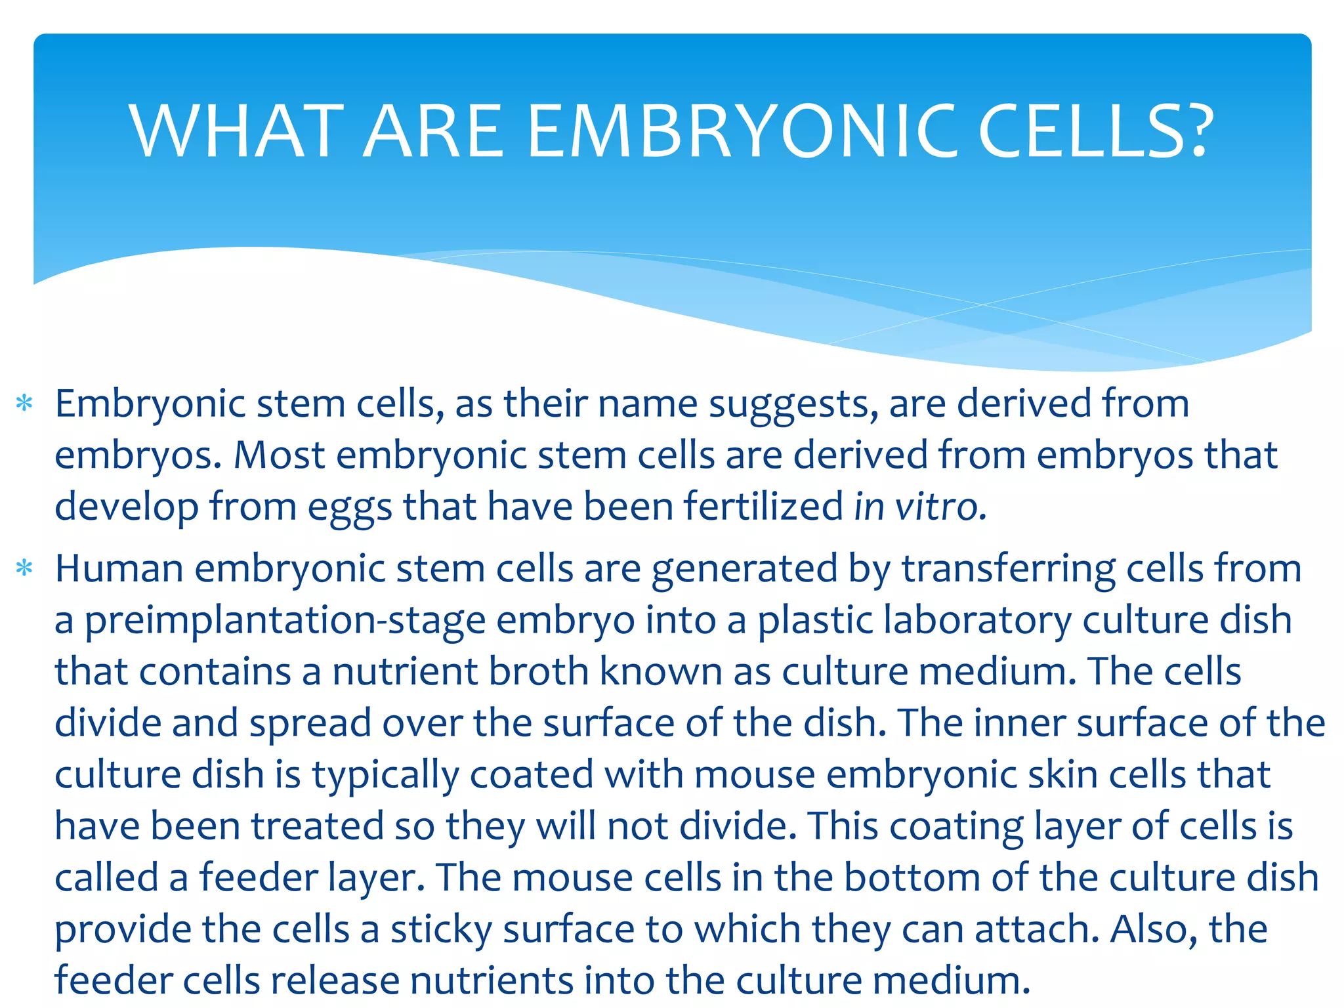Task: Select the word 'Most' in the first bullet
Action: coord(280,455)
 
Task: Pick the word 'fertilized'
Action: coord(763,507)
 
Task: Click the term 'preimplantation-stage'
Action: coord(285,621)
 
